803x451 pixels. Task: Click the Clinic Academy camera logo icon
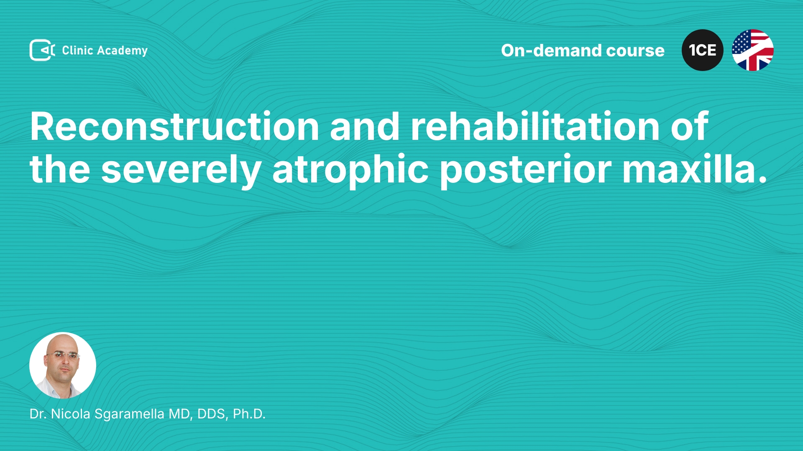(42, 50)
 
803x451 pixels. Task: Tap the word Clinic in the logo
(77, 50)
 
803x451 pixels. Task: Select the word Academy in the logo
(122, 51)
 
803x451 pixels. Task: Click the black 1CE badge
(702, 50)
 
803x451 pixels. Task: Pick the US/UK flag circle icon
(752, 50)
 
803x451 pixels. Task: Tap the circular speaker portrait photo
(63, 365)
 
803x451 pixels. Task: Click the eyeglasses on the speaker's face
(63, 355)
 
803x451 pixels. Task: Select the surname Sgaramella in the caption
(129, 414)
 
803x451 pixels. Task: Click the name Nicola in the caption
(71, 414)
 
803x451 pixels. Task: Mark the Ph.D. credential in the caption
(249, 414)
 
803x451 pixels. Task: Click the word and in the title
(365, 126)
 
